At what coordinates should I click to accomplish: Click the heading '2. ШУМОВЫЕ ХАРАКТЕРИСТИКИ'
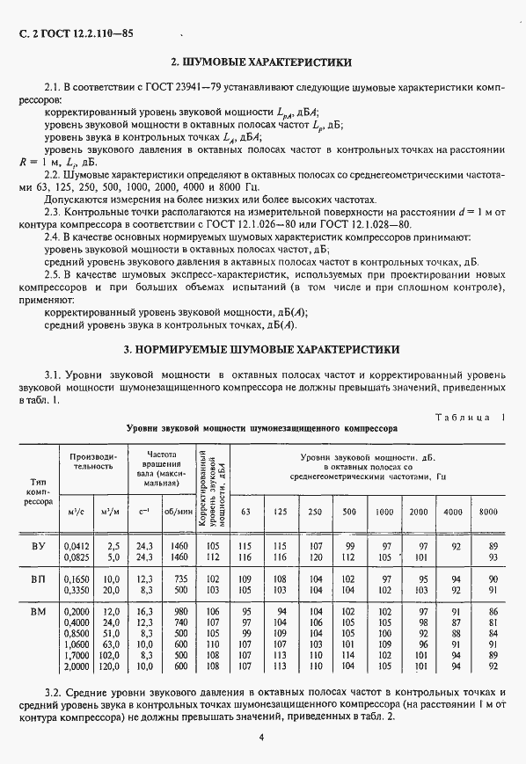point(261,63)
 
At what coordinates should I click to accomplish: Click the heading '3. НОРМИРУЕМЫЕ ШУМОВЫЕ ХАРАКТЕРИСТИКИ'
point(261,349)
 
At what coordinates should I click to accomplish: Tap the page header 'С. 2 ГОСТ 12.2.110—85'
point(73,34)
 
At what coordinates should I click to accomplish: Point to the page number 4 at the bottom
point(261,737)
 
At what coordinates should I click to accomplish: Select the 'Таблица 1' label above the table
point(470,417)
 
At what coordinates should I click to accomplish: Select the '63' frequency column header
point(245,512)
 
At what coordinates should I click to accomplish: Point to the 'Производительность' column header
point(93,461)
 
